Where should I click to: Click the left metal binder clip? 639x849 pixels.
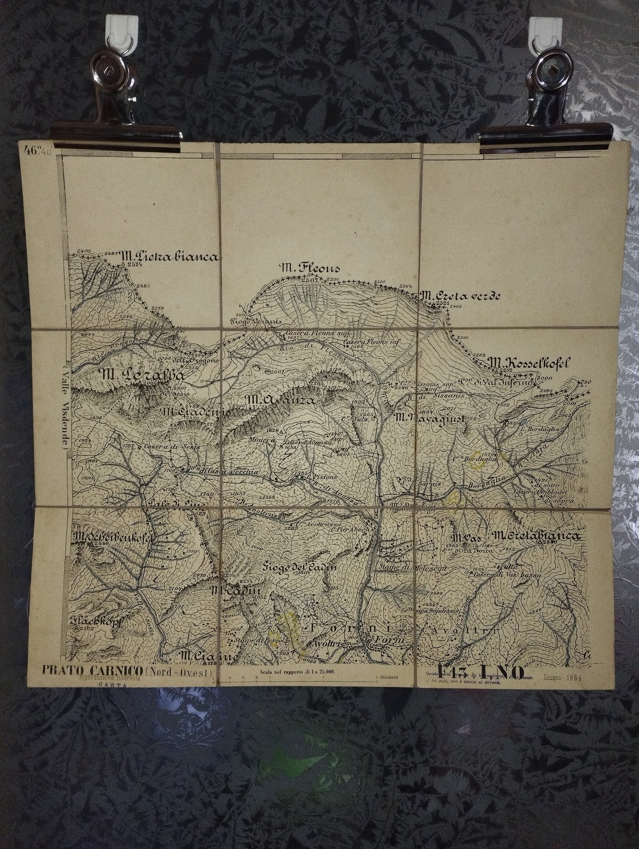click(x=115, y=102)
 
